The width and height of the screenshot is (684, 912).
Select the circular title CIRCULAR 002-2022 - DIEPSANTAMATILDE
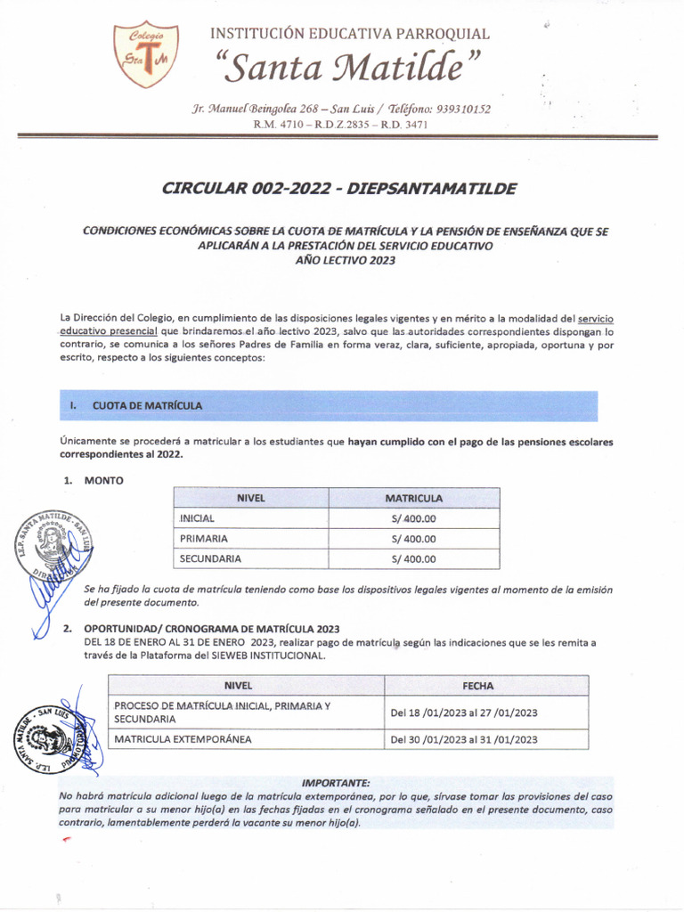click(338, 189)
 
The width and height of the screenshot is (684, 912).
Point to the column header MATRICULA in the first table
click(413, 498)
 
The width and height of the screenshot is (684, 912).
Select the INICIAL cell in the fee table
click(197, 518)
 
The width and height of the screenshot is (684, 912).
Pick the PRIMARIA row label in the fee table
click(203, 539)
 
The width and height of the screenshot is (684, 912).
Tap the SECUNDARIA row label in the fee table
click(210, 559)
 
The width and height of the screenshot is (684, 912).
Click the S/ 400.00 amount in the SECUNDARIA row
click(413, 559)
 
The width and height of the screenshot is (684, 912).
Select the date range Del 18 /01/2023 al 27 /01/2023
click(464, 712)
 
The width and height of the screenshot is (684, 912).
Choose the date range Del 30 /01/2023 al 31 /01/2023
click(464, 739)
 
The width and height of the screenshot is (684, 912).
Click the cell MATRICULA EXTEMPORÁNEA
click(183, 739)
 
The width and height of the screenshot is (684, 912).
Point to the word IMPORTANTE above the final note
click(336, 782)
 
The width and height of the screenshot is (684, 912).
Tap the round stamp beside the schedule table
click(52, 736)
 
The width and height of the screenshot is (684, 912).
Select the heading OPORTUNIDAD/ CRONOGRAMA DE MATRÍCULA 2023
click(211, 629)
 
